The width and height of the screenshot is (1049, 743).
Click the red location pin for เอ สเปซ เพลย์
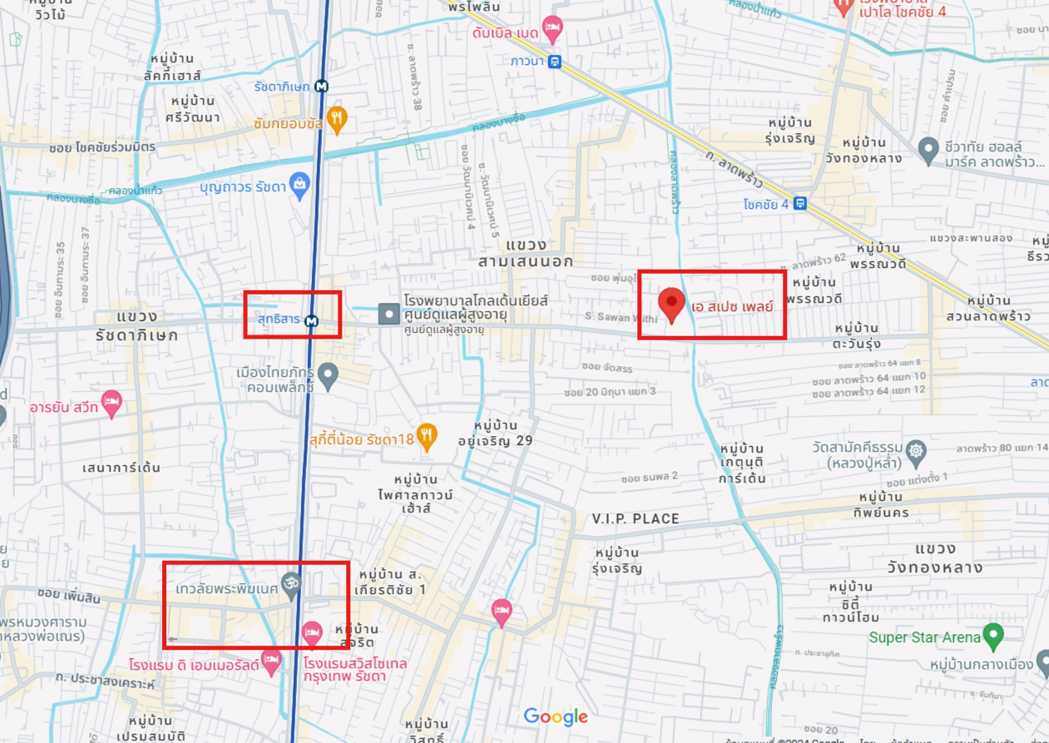coord(671,305)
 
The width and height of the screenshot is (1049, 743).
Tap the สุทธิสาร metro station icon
coord(311,320)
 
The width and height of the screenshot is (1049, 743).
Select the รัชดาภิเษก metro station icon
coord(321,86)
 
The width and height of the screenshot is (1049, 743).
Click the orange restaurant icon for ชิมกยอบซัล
coord(336,119)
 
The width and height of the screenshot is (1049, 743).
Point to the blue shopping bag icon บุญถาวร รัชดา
coord(299,184)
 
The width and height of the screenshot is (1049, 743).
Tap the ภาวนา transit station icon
coord(555,61)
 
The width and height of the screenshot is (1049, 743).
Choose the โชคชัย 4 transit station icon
coord(799,203)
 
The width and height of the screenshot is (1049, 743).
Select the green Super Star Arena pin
coord(992,637)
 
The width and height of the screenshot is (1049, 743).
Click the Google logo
coord(556,716)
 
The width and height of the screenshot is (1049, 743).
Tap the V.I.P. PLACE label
coord(636,518)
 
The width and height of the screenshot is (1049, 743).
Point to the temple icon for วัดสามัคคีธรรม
coord(916,452)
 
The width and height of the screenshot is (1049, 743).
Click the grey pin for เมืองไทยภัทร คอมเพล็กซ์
coord(329,375)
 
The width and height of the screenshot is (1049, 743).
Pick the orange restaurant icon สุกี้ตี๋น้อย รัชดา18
coord(427,436)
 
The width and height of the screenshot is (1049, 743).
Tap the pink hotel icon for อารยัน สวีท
coord(111,405)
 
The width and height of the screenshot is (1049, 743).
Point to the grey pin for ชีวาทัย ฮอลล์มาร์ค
coord(928,150)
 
